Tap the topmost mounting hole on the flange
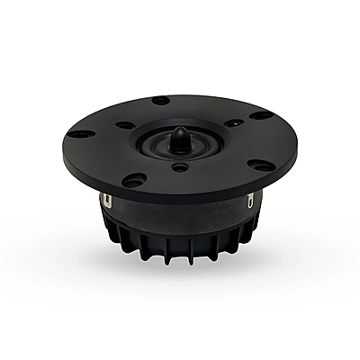(161, 100)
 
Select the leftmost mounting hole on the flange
(80, 134)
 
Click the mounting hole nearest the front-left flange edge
(134, 180)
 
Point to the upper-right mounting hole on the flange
(261, 115)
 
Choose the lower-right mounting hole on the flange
(260, 166)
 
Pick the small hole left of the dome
(126, 125)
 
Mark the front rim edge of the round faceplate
(180, 196)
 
